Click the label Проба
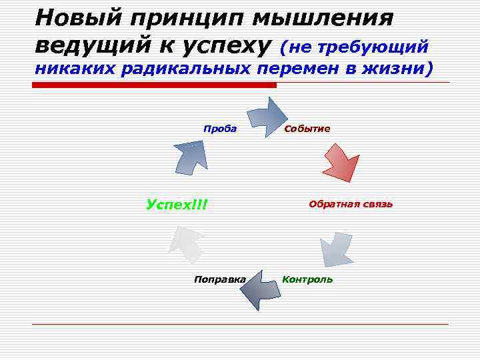point(220,129)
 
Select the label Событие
point(307,129)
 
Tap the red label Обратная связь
point(351,203)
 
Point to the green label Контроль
point(307,279)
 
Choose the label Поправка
point(219,279)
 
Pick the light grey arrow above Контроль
point(337,250)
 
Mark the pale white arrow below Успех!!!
point(186,246)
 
